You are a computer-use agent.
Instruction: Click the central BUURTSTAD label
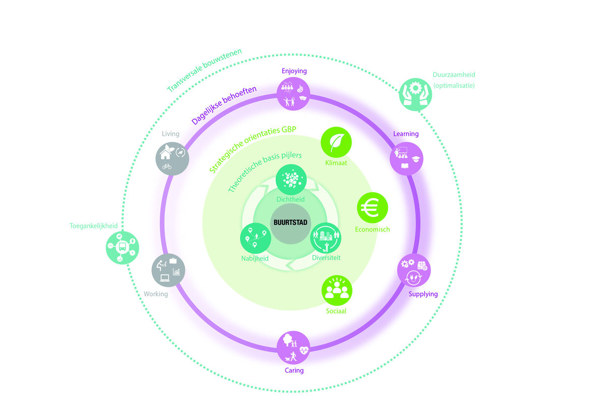coord(290,222)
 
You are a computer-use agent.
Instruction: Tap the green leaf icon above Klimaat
coord(336,142)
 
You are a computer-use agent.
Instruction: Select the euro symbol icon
coord(372,208)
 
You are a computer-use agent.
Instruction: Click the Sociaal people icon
coord(337,290)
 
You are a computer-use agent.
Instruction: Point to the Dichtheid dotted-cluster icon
coord(291,180)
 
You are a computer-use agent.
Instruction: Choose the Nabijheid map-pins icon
coord(256,238)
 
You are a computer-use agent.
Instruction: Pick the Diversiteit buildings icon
coord(326,238)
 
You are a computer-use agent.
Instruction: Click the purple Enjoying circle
coord(293,94)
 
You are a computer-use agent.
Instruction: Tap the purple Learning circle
coord(406,158)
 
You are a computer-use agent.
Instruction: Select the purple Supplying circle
coord(414,270)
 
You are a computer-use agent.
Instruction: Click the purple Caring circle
coord(293,347)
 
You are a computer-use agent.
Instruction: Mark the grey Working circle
coord(168,270)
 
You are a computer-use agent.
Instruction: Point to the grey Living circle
coord(172,158)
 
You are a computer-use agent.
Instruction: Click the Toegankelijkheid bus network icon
coord(123,248)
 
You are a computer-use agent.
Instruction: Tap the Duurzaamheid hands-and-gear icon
coord(415,95)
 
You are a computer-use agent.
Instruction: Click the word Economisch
coord(372,229)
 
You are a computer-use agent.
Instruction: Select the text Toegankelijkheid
coord(93,226)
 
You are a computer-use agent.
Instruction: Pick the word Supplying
coord(423,294)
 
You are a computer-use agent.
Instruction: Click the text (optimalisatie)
coord(454,86)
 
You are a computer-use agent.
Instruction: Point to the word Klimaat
coord(336,163)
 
